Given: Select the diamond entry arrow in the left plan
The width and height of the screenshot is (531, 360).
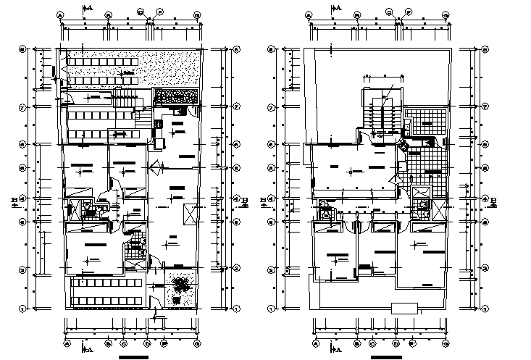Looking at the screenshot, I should coord(155,168).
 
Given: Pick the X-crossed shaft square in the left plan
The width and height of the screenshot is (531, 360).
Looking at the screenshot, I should coord(190,214).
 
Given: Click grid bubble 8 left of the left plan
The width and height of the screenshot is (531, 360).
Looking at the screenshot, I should coord(22,49).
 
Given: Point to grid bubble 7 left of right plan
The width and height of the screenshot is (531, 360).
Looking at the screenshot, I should coord(271,106).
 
